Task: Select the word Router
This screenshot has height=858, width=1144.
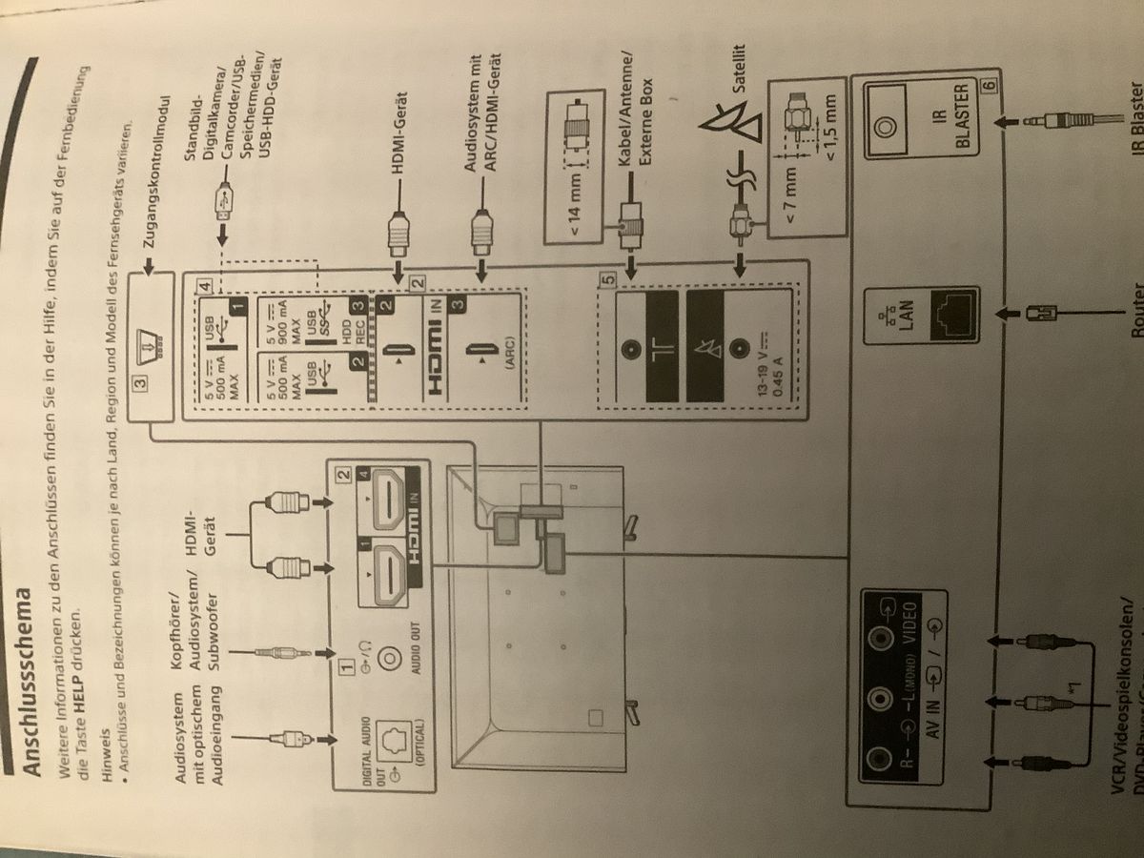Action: point(1135,304)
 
